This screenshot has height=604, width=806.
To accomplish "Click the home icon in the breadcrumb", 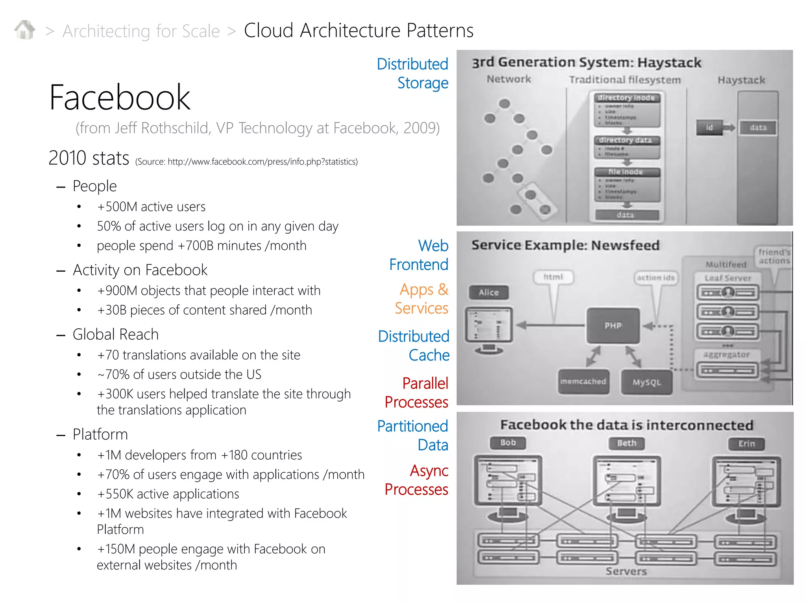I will pos(25,30).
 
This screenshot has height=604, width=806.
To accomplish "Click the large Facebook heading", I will pos(120,97).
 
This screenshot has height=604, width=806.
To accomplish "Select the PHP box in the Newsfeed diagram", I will pos(613,326).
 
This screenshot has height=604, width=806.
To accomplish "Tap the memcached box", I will pos(583,381).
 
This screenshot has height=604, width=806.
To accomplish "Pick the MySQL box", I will pos(646,382).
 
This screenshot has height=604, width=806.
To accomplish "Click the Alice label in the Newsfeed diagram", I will pos(488,293).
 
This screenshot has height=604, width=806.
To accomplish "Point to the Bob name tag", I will pos(508,443).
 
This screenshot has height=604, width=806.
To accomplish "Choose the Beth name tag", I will pos(627,443).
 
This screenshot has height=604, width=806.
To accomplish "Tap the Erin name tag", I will pos(746,444).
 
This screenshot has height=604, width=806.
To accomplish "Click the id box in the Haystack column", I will pos(709,127).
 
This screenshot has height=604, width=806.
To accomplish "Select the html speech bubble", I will pos(553,277).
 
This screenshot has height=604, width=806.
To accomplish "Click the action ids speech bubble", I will pos(656,278).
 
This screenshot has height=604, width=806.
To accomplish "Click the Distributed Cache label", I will pos(414,346).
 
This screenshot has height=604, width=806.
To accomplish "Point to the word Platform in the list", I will pos(100,435).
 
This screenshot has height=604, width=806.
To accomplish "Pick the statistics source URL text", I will pos(263,162).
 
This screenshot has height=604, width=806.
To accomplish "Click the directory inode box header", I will pos(626,98).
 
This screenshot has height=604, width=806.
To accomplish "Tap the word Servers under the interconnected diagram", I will pos(626,571).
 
